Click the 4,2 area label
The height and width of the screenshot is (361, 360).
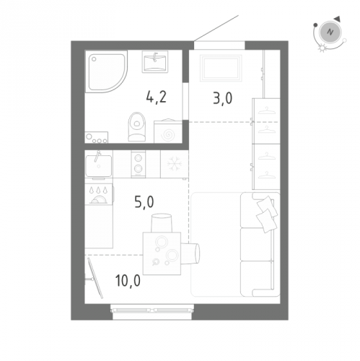[156, 97]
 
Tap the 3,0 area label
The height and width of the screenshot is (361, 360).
[222, 98]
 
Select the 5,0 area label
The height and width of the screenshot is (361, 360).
[144, 202]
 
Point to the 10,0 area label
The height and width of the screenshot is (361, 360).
[128, 280]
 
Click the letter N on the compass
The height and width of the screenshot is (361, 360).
[330, 32]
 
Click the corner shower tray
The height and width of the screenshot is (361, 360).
[106, 72]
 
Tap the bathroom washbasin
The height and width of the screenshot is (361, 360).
[155, 61]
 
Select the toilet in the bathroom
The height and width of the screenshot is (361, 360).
[137, 127]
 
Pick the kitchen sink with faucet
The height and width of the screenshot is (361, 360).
[99, 164]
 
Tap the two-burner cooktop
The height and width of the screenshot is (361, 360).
[139, 164]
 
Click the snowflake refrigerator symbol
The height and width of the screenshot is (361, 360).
[175, 165]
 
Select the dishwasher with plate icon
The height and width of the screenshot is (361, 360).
[99, 194]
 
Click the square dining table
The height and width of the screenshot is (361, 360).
[162, 253]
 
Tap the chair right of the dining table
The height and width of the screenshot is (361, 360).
[190, 253]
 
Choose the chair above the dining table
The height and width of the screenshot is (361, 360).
[162, 223]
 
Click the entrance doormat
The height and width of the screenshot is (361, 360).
[221, 68]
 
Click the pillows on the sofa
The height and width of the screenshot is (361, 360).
[266, 214]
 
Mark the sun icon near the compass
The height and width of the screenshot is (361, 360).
[322, 48]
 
